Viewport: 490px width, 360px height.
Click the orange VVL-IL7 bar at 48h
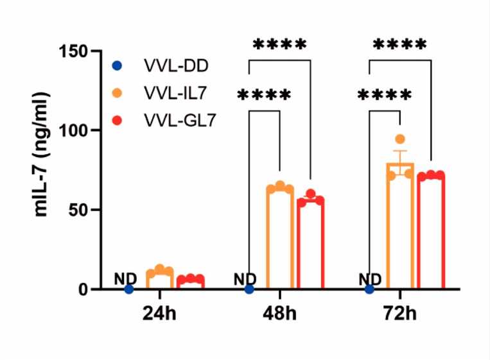point(280,239)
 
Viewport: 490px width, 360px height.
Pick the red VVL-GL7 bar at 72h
point(430,232)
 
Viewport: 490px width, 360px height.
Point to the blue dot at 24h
point(129,289)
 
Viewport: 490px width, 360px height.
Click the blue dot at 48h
point(249,289)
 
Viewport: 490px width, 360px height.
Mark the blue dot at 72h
point(369,289)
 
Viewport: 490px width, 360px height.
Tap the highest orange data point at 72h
point(400,139)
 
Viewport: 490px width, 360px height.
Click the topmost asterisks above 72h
point(399,45)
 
